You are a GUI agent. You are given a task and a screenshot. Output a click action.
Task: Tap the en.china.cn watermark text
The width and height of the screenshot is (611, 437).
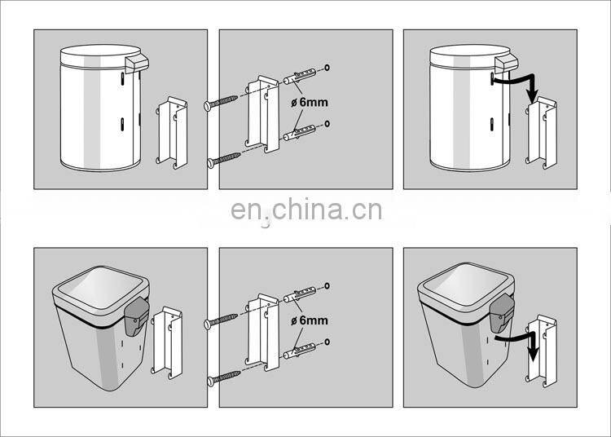(305, 210)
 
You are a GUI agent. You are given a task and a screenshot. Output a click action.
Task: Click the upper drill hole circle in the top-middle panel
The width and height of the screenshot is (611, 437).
(327, 68)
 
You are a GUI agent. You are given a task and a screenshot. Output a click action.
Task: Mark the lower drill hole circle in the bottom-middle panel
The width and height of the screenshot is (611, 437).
(327, 342)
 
